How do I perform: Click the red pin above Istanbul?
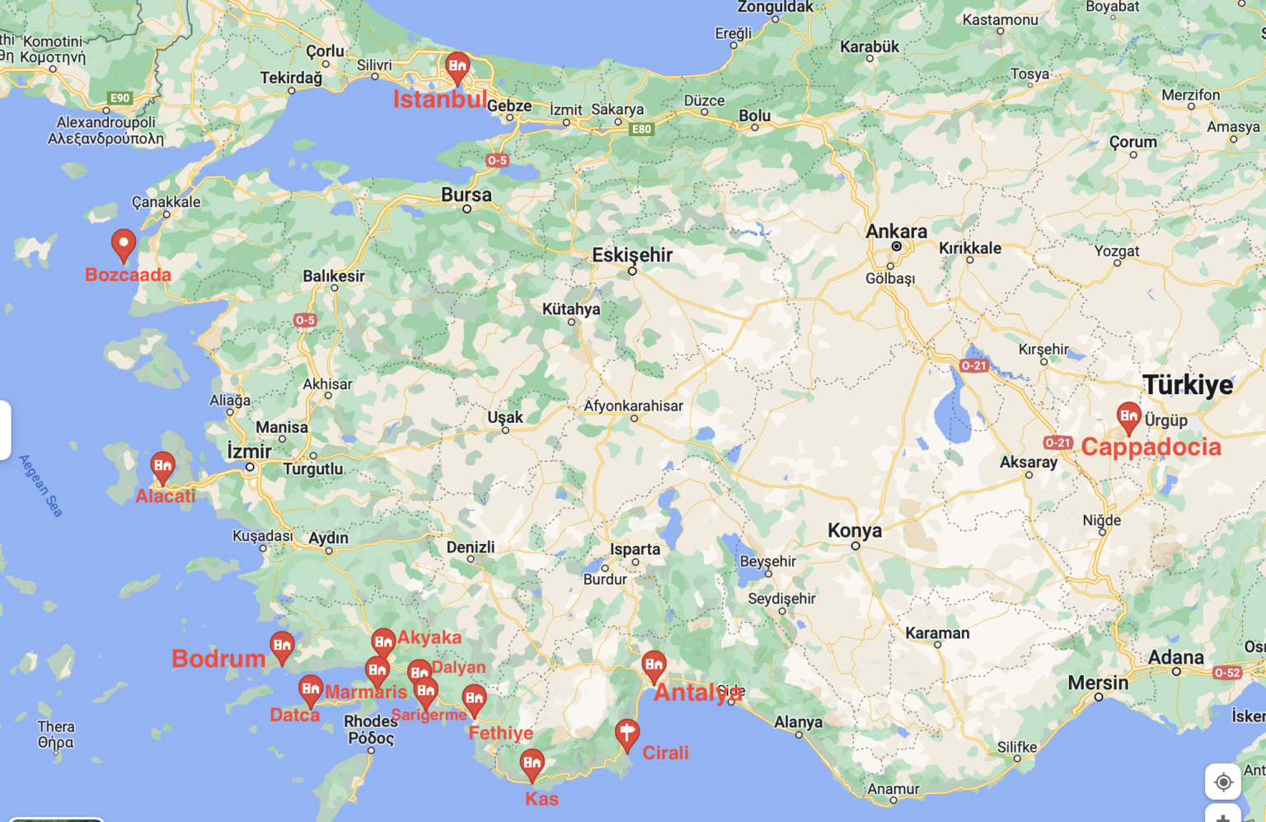pos(457,66)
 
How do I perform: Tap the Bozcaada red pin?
pos(124,243)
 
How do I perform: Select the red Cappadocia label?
pos(1151,447)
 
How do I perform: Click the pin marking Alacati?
pos(163,467)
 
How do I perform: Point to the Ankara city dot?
pos(896,247)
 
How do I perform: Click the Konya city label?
pos(855,530)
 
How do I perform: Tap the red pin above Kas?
pos(532,763)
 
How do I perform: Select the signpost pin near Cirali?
pos(627,733)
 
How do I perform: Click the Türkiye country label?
pos(1188,384)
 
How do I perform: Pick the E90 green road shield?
pos(120,98)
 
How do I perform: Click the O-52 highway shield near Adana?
pos(1227,673)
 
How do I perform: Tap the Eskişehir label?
pos(632,255)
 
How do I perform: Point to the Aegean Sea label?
pos(40,486)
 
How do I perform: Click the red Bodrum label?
pos(218,659)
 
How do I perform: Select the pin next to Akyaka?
pos(383,642)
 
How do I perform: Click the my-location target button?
pos(1223,782)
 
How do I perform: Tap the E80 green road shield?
pos(641,129)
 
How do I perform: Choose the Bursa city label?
pos(466,195)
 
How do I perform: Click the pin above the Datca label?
pos(311,688)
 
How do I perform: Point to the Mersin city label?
pos(1098,683)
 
